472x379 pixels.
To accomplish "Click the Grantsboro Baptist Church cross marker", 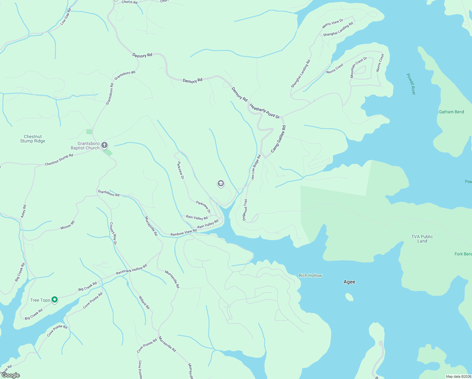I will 104,145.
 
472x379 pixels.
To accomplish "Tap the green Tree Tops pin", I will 55,299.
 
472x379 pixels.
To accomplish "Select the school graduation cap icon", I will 221,183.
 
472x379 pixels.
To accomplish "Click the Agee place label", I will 349,282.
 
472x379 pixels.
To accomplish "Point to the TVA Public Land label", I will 422,239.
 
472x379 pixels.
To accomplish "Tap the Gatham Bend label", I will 451,112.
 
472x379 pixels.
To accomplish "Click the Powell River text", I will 411,84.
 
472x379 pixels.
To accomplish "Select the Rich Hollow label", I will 310,275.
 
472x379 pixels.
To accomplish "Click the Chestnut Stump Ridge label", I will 33,139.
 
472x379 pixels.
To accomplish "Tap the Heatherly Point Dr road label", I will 264,111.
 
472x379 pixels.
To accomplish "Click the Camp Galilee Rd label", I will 278,139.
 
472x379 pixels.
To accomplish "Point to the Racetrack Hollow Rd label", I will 131,269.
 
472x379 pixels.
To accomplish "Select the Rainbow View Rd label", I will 183,233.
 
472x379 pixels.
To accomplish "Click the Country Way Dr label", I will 113,234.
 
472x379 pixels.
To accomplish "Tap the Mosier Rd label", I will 68,225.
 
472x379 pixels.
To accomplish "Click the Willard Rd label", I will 144,302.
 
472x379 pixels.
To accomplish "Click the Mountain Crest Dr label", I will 358,67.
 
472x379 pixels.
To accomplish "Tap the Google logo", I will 11,375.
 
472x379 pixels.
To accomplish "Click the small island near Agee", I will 349,297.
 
